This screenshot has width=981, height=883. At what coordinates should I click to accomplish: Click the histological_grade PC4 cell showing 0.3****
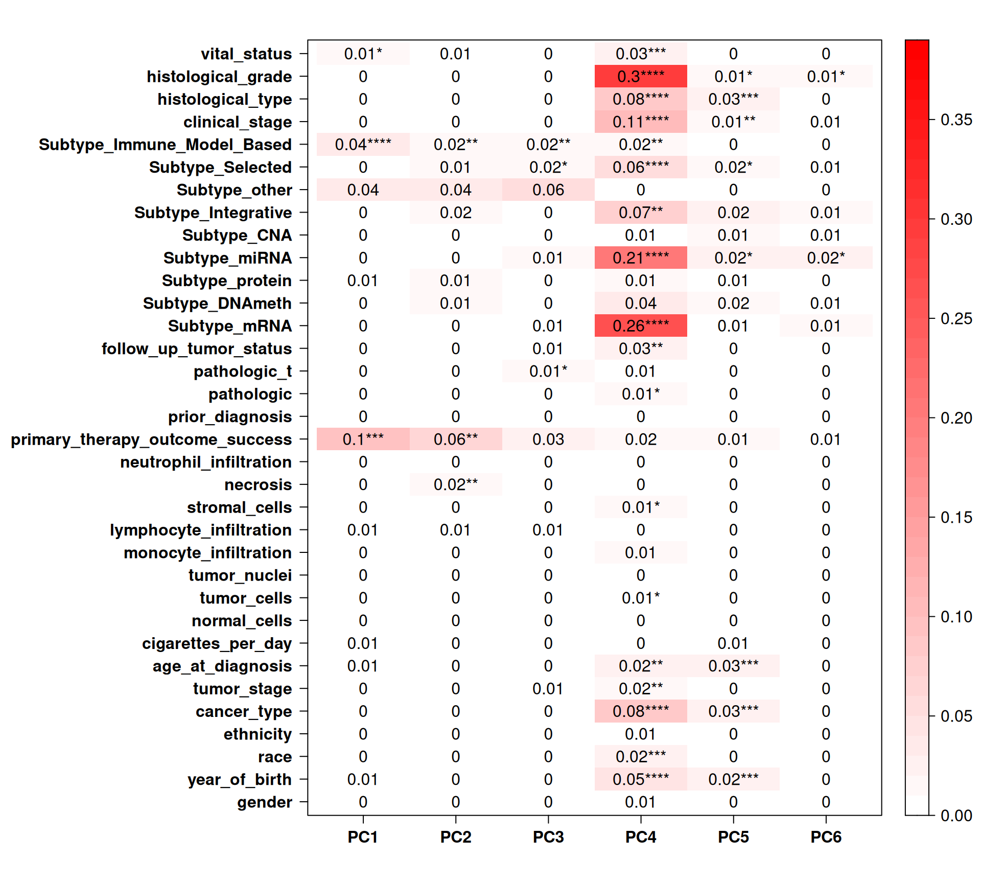(641, 77)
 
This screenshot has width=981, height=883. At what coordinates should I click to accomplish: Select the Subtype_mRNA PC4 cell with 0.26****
(641, 326)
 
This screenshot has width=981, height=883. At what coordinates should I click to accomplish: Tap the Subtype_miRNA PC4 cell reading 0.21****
(641, 258)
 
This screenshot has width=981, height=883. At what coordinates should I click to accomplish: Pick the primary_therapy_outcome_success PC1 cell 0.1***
(363, 439)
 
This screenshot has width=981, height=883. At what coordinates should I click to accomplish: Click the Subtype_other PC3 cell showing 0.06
(548, 190)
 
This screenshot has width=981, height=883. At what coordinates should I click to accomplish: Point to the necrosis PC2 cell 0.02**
(456, 484)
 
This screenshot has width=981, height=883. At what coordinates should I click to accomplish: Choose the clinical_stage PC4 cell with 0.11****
(641, 122)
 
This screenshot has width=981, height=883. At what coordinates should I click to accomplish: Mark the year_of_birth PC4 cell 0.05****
(641, 779)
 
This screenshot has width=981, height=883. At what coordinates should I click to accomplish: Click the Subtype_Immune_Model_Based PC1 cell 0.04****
(363, 145)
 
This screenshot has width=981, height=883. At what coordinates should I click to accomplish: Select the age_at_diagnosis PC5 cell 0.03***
(733, 666)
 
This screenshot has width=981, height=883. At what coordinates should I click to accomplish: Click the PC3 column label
(548, 837)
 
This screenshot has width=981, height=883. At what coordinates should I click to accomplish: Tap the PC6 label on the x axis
(826, 837)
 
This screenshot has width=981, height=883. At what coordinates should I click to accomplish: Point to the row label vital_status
(246, 54)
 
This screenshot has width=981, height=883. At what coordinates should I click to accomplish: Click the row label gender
(264, 802)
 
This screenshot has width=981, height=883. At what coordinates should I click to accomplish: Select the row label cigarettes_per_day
(217, 643)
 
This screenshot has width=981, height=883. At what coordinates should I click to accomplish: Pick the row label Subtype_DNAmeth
(217, 304)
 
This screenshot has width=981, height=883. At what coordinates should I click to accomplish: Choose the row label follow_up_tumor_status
(197, 349)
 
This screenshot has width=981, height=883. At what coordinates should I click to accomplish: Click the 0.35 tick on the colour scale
(956, 120)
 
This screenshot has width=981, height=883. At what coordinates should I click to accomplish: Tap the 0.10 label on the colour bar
(956, 617)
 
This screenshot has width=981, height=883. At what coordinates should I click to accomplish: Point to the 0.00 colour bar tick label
(956, 816)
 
